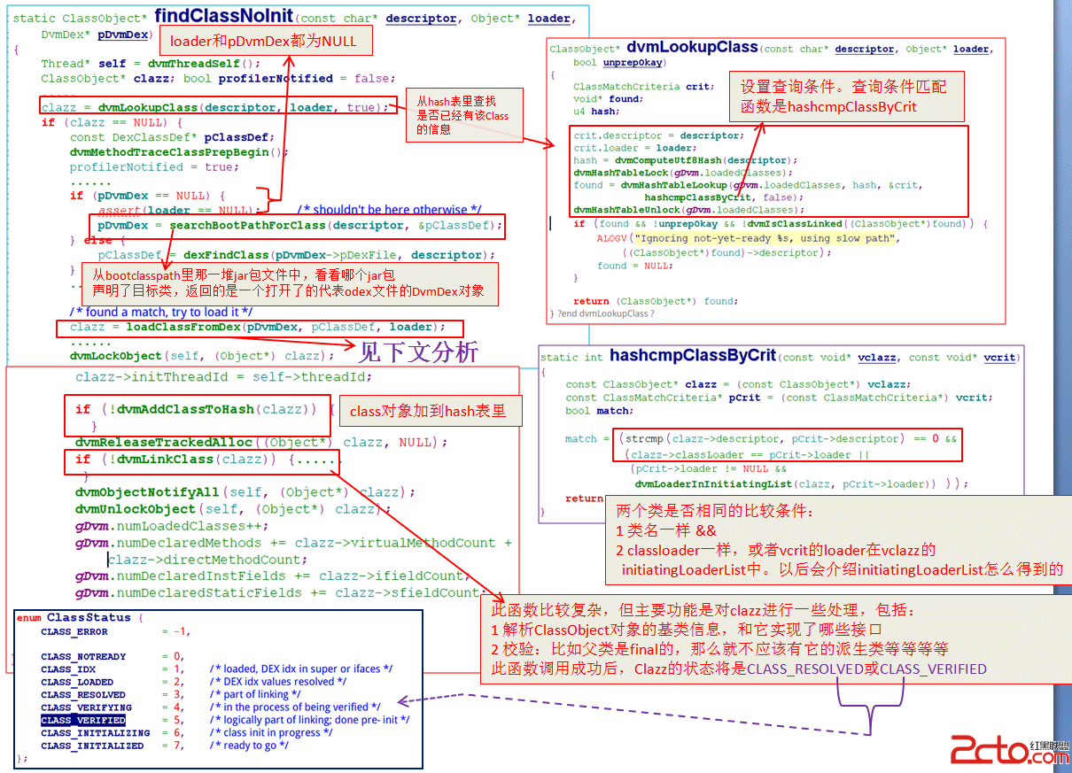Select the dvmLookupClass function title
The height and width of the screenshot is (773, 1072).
pyautogui.click(x=692, y=47)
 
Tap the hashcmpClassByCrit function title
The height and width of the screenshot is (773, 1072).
pyautogui.click(x=692, y=356)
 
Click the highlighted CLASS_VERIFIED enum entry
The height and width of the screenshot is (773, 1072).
pyautogui.click(x=83, y=721)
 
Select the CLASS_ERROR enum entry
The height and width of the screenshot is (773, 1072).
pyautogui.click(x=74, y=632)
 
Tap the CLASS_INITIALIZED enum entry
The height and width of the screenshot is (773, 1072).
pyautogui.click(x=92, y=746)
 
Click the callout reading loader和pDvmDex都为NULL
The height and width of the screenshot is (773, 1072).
pyautogui.click(x=264, y=40)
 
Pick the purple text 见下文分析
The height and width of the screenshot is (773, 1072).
pyautogui.click(x=417, y=352)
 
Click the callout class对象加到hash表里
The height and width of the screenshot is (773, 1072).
pyautogui.click(x=427, y=411)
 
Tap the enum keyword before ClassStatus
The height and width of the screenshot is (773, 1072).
pyautogui.click(x=29, y=617)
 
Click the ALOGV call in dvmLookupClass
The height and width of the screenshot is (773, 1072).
pyautogui.click(x=611, y=238)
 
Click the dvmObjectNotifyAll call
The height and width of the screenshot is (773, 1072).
pyautogui.click(x=148, y=492)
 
